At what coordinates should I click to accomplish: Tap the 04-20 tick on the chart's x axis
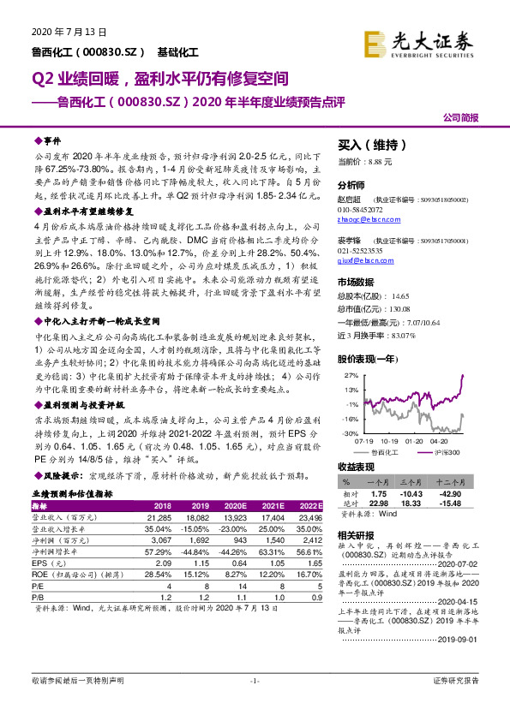click(437, 440)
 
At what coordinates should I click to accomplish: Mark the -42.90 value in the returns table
click(462, 494)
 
